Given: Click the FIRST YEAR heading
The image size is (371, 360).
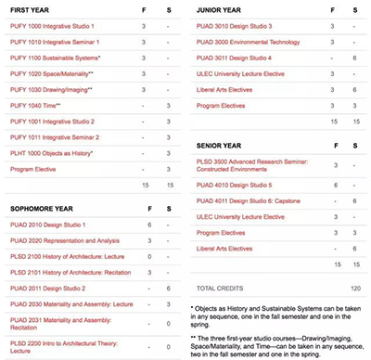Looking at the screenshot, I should click(x=31, y=10).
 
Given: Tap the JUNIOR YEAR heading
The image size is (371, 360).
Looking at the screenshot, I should click(x=221, y=10).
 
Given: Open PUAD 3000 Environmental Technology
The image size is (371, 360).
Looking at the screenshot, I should click(x=249, y=42).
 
